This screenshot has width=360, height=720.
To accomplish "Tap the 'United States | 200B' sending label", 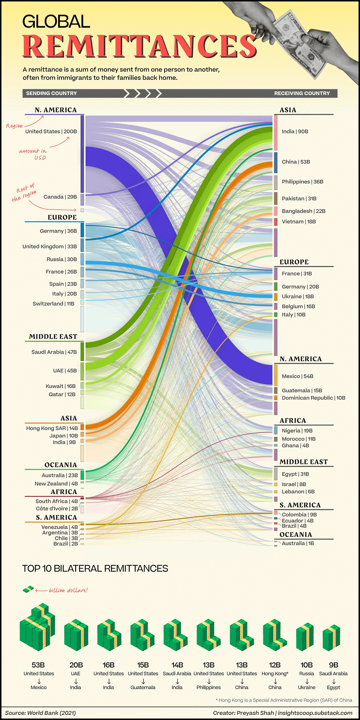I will [x=51, y=131].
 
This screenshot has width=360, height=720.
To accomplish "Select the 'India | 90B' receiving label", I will [x=295, y=131].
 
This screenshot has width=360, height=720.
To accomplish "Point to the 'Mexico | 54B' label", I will [x=297, y=376].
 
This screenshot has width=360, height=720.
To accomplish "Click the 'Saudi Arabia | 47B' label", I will [x=54, y=352].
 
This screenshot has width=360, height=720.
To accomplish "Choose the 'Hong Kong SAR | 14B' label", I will [x=52, y=428].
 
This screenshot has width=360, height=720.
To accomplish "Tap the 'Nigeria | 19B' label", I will [x=297, y=431].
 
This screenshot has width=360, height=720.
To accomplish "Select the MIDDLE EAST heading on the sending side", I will [x=53, y=337].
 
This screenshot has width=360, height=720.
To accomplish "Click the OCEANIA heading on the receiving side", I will [x=296, y=534].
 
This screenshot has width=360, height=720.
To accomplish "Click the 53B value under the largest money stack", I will [x=38, y=665].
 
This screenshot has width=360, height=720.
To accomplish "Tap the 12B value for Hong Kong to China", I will [x=275, y=665].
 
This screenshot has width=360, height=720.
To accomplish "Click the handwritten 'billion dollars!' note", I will [x=68, y=590].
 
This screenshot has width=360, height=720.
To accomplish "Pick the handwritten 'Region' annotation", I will [x=14, y=126].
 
